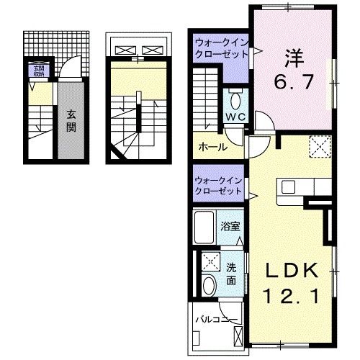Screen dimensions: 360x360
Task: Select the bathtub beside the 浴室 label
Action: point(206,229)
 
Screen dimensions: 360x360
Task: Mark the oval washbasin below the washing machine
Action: point(210,285)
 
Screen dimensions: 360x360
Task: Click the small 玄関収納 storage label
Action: point(36,71)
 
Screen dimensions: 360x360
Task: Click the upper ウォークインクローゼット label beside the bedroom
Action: point(220,48)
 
